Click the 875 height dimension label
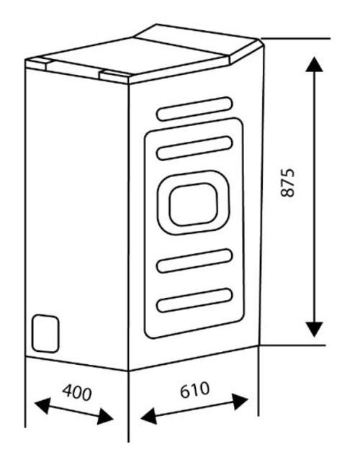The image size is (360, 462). tap(287, 183)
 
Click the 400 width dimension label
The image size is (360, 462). tap(77, 392)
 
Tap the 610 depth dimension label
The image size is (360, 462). tap(195, 389)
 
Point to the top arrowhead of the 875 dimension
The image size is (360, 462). tap(315, 64)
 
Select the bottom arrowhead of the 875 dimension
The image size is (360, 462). tap(315, 330)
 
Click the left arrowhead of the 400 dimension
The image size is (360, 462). tap(42, 405)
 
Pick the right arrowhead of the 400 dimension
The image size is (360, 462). tap(105, 417)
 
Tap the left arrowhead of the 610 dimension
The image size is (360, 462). tap(149, 416)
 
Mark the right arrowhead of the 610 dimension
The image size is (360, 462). tap(240, 402)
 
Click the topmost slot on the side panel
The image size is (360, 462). tap(194, 109)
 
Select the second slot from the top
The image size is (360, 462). tap(194, 148)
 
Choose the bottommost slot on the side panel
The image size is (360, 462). tap(194, 300)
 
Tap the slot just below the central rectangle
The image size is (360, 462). tap(194, 261)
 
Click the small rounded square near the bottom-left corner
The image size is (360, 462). tap(45, 333)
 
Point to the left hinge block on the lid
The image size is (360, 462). tap(36, 65)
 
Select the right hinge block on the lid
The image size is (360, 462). tap(114, 77)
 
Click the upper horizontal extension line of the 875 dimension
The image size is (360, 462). tap(295, 38)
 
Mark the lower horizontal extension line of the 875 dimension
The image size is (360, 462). tap(292, 345)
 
